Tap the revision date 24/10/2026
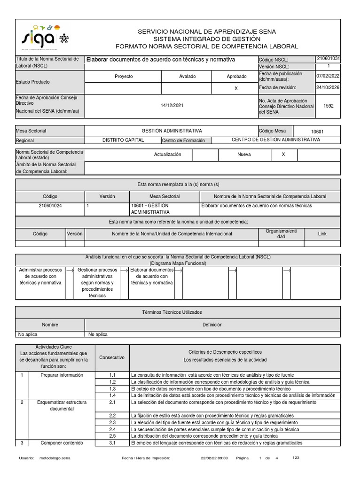pos(329,87)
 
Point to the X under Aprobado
pos(236,88)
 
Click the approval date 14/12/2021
pos(172,106)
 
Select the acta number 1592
pos(329,106)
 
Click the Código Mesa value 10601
pos(317,132)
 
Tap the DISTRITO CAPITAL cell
pos(123,140)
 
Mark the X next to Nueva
pos(283,155)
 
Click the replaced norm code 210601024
pos(50,206)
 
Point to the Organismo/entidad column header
pos(281,233)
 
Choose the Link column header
pos(322,233)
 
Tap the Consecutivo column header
pos(112,357)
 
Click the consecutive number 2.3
pos(112,423)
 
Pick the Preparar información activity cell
pos(62,375)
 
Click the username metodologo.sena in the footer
pos(55,458)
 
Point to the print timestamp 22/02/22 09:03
pos(214,458)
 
